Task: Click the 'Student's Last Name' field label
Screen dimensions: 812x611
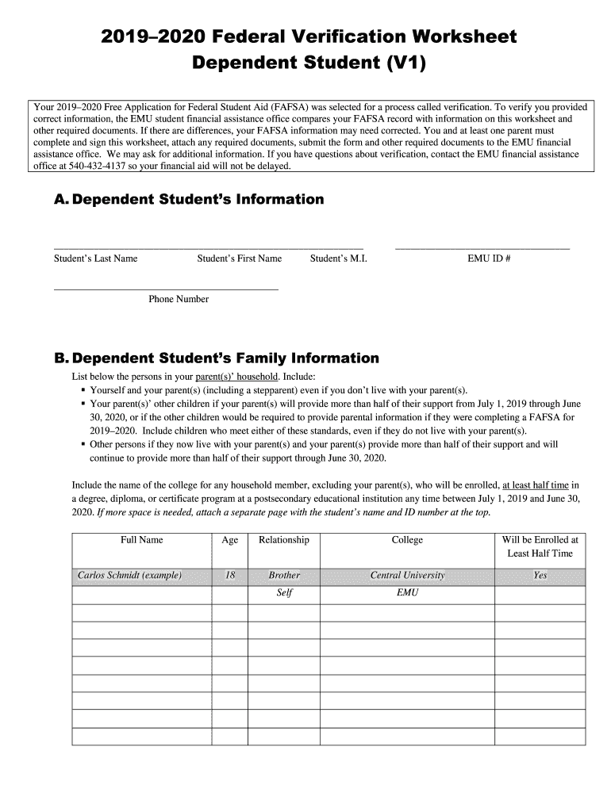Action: (x=95, y=259)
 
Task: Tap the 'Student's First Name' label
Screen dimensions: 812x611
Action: (x=239, y=259)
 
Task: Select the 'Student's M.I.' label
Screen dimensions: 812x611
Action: (x=338, y=259)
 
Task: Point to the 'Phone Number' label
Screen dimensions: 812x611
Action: (x=179, y=300)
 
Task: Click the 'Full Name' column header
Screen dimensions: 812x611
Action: (x=141, y=540)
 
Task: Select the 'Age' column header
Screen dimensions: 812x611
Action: (x=229, y=540)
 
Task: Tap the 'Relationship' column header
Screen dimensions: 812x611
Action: (x=283, y=540)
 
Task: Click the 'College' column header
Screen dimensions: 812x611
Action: (x=407, y=540)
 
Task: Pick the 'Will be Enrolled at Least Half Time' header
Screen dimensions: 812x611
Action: (x=540, y=546)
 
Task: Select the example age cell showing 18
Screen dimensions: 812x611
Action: (x=229, y=576)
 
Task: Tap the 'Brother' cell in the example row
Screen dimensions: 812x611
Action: (x=284, y=576)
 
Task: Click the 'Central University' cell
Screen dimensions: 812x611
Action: (x=407, y=576)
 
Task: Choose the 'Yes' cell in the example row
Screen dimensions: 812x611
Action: (x=540, y=576)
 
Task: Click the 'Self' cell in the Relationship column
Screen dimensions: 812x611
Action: (x=284, y=593)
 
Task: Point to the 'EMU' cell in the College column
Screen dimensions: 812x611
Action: (x=407, y=593)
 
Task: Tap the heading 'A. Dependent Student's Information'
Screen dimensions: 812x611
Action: (x=189, y=200)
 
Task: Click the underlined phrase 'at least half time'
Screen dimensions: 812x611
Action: (x=535, y=485)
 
